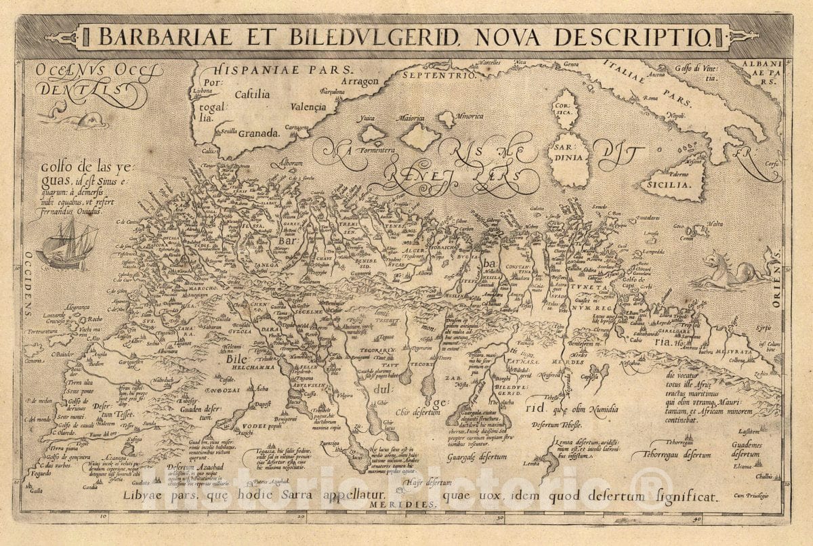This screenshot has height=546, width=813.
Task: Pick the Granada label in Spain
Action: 257,133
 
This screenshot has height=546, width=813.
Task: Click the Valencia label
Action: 308,106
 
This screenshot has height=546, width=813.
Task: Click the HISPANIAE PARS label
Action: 283,69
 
